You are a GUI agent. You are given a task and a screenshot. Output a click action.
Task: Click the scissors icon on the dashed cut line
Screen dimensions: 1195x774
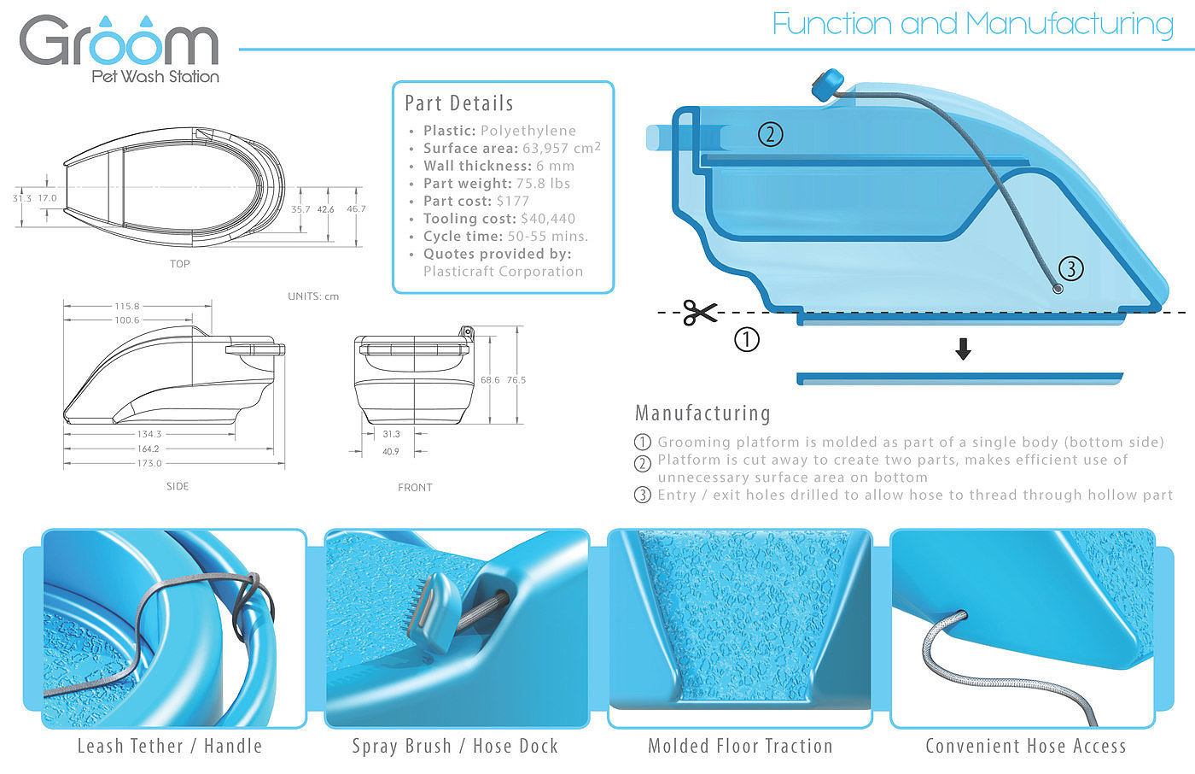pos(699,313)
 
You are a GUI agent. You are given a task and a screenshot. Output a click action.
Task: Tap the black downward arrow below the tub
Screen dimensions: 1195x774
pos(963,349)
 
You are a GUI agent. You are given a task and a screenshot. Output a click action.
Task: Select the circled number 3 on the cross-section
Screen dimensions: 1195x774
pos(1070,268)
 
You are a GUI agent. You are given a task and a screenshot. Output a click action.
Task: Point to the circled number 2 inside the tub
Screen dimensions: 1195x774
pos(770,134)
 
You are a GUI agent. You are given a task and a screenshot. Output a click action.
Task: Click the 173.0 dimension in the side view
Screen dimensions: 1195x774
pos(149,463)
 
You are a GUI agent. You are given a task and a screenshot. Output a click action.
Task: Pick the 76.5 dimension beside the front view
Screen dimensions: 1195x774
pos(516,380)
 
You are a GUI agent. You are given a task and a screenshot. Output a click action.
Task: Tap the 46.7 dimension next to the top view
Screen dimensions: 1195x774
pos(357,208)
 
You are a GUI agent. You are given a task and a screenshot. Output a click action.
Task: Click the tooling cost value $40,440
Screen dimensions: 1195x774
pos(548,219)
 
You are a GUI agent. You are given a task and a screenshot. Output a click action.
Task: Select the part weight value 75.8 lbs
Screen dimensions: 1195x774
pos(543,184)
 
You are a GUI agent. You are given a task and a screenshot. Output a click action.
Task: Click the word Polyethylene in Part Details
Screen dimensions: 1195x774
pos(528,131)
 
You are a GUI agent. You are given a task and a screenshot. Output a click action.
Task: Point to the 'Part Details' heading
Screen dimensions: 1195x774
pos(459,103)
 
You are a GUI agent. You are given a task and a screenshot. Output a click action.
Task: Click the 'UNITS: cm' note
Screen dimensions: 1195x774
pos(313,296)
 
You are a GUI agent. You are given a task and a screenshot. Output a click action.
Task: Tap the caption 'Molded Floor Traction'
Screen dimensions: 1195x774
pos(740,746)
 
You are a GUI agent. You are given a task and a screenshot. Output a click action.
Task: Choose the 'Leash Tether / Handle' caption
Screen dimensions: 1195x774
pos(170,746)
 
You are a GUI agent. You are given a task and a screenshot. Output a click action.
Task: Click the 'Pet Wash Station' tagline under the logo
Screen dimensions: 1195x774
pos(155,76)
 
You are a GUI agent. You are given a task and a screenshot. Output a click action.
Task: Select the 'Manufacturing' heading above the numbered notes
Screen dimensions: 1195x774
pos(702,413)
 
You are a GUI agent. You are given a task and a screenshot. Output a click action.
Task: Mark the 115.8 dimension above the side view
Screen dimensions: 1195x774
pos(127,307)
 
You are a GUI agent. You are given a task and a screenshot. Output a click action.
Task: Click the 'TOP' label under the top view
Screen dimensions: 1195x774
pos(180,264)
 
